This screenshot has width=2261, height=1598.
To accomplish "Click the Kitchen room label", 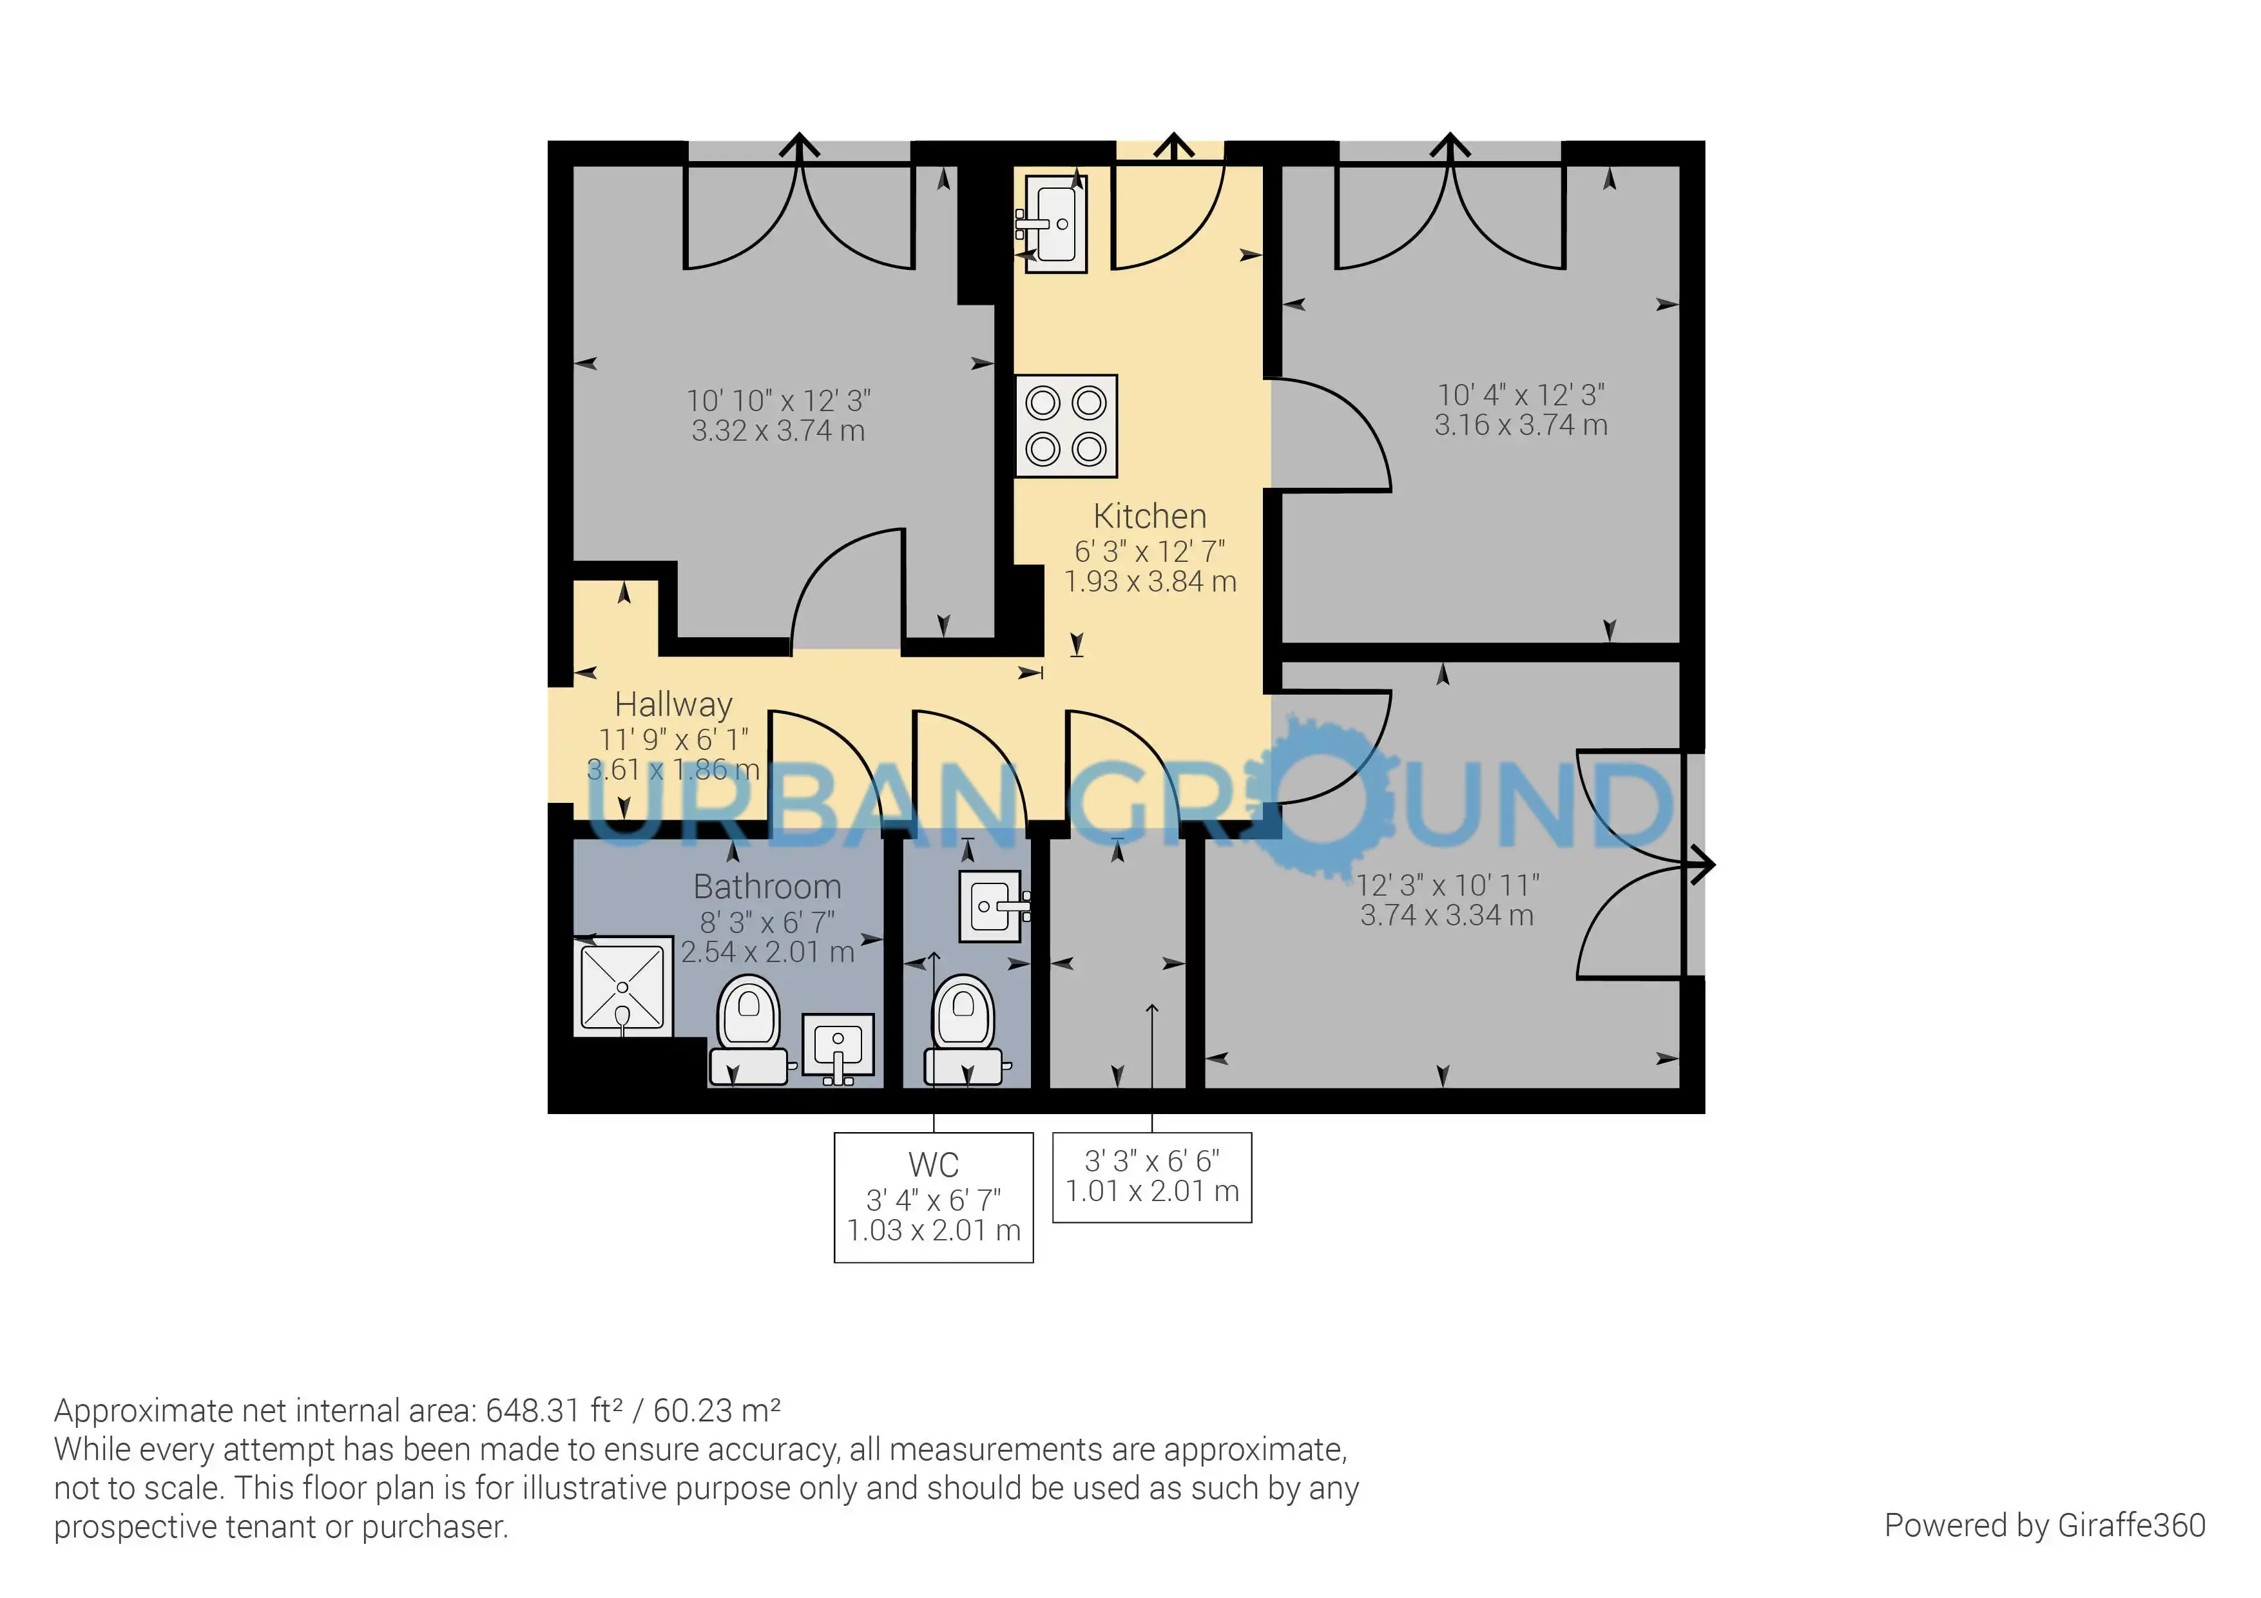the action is [x=1150, y=516].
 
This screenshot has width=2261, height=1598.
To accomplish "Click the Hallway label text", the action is [x=673, y=705].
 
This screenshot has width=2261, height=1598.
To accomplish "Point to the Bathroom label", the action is [x=767, y=887].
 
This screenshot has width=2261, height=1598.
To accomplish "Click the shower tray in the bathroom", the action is [x=623, y=986].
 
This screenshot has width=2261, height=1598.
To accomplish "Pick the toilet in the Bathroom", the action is [x=749, y=1030].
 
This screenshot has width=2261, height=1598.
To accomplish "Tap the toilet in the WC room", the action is [x=964, y=1030].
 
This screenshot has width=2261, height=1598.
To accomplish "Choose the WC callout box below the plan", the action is [x=934, y=1197].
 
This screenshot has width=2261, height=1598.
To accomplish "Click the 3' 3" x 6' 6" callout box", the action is [x=1152, y=1178].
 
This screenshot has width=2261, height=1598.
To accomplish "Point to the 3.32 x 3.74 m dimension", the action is [x=778, y=431].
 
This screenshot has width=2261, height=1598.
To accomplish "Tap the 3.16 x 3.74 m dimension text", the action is [x=1521, y=425].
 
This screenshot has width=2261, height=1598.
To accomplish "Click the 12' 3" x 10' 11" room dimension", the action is [x=1448, y=885].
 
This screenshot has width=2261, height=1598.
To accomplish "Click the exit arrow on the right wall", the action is [x=1700, y=865].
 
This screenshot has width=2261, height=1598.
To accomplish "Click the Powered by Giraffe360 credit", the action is [x=2045, y=1525].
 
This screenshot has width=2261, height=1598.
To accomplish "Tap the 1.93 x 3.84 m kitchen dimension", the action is [x=1150, y=582].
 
